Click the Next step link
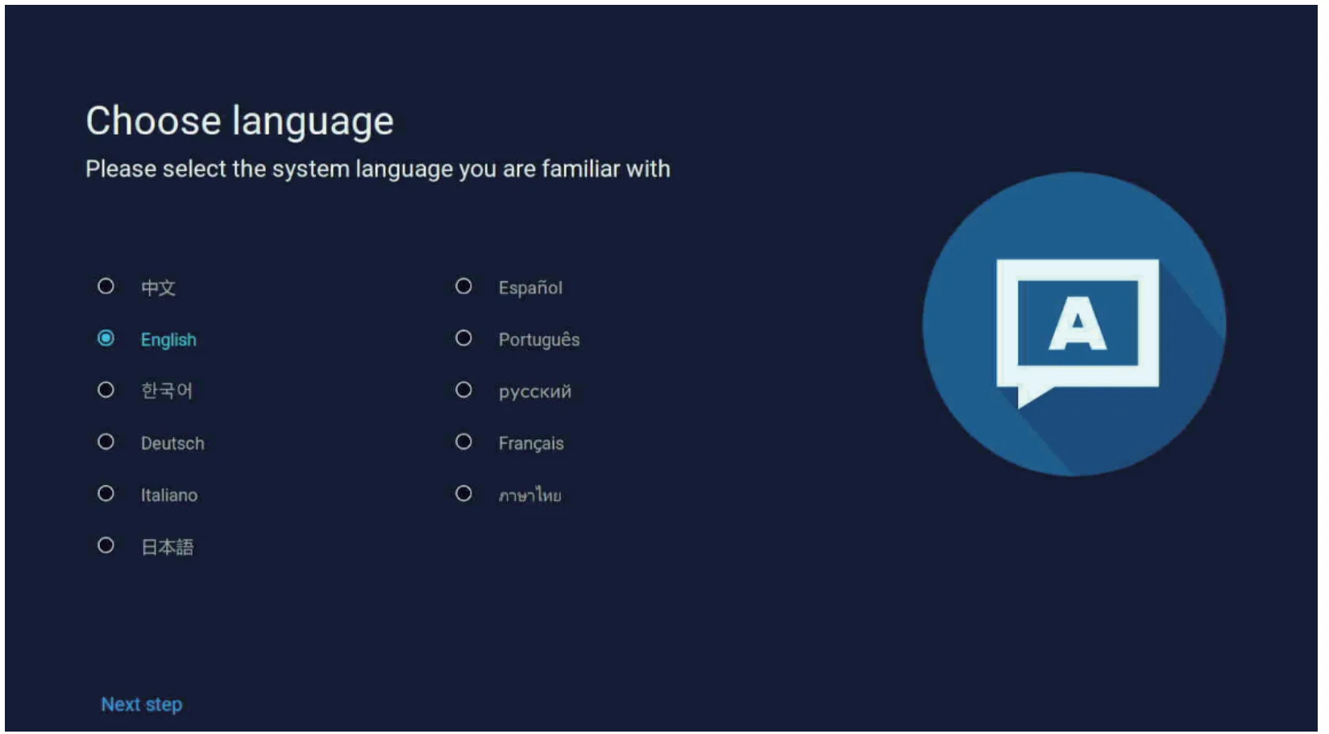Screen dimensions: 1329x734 [142, 704]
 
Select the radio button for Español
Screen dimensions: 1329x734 [463, 286]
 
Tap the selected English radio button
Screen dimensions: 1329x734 [106, 338]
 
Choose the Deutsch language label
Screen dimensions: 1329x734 [172, 443]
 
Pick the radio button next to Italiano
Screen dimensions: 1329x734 [106, 493]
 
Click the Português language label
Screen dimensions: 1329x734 [538, 339]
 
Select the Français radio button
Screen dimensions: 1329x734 [463, 442]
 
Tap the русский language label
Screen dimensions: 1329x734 [535, 392]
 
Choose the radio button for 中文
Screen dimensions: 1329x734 [106, 286]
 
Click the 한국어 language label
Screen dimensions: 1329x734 [167, 391]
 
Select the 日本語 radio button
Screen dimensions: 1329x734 [106, 545]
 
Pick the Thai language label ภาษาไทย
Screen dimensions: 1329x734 [530, 495]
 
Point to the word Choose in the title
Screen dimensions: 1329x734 [154, 121]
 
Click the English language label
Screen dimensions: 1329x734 [168, 340]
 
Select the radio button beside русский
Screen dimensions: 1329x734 [463, 390]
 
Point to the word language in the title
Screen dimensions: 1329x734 [313, 123]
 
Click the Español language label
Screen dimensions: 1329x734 [530, 288]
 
